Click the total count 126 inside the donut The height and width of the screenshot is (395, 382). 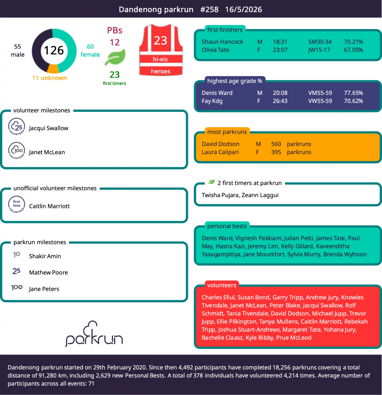coord(54,51)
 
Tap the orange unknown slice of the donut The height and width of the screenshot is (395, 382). coord(53,69)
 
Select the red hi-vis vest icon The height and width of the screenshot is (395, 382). coord(161,50)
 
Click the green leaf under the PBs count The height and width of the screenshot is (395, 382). coord(115,57)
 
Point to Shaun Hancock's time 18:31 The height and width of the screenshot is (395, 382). coord(280,42)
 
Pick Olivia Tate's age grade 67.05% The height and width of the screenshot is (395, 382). coord(353,50)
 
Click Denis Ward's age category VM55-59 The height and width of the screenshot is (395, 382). coord(320,93)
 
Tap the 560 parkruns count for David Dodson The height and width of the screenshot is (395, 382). coord(276,144)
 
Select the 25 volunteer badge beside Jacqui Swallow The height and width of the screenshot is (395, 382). coord(17,127)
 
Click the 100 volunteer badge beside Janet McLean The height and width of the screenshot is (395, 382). coord(17,151)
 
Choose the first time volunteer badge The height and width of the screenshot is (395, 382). coord(17,204)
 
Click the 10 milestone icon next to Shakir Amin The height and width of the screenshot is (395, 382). coord(17,255)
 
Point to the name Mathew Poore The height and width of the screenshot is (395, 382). coord(48,273)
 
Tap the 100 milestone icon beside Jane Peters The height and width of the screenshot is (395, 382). coord(17,287)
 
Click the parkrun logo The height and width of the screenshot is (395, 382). coord(94,334)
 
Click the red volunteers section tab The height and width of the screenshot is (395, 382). coord(221,285)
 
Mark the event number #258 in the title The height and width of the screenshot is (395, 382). coord(209,10)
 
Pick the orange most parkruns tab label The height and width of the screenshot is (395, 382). coord(227,132)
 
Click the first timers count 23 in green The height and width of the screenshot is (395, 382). coord(115,75)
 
